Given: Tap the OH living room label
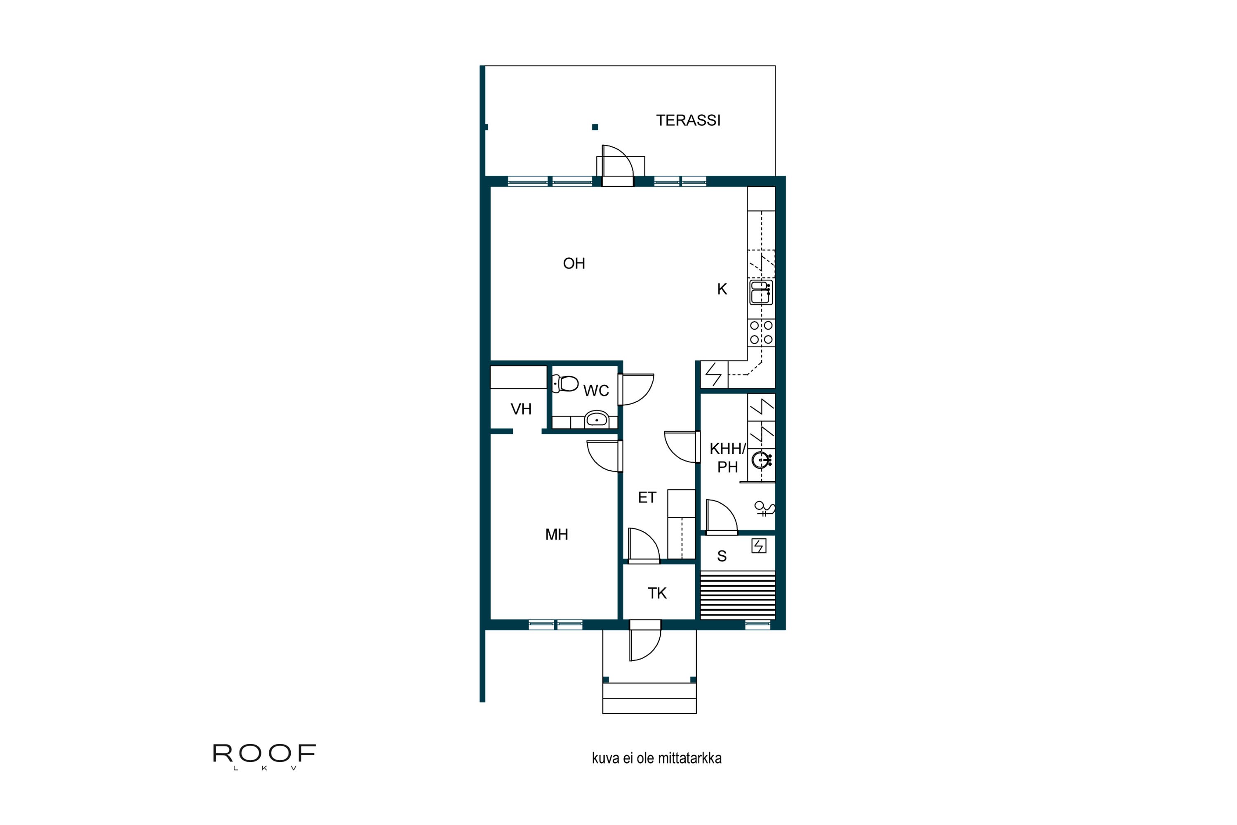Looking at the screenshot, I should pos(574,264).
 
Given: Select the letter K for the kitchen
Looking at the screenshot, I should pos(722,289).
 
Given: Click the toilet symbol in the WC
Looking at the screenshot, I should pos(565,384).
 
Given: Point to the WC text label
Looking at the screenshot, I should pos(596,390).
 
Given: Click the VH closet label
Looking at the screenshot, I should pos(521,409).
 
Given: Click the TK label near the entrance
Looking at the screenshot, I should pos(657,593).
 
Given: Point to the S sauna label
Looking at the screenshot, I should pos(722,556).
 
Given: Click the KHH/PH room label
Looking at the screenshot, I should pos(727,457).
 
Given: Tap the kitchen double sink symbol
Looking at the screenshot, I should pos(760,292).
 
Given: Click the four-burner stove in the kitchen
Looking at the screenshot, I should pos(761,332).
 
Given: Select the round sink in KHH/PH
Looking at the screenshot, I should pos(760,460).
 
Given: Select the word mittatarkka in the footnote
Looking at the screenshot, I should pos(689,758).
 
